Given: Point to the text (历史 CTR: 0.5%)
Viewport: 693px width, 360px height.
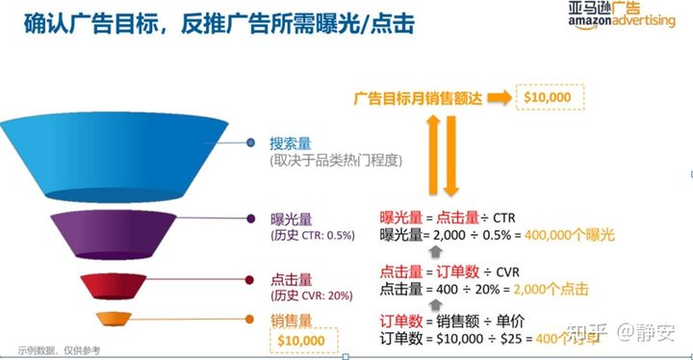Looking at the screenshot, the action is point(314,235).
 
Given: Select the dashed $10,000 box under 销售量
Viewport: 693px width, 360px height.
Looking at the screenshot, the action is point(304,340).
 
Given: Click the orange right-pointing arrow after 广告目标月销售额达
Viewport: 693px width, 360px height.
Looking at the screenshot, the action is point(497,98).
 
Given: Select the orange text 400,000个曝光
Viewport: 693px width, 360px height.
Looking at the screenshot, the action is point(567,235).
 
